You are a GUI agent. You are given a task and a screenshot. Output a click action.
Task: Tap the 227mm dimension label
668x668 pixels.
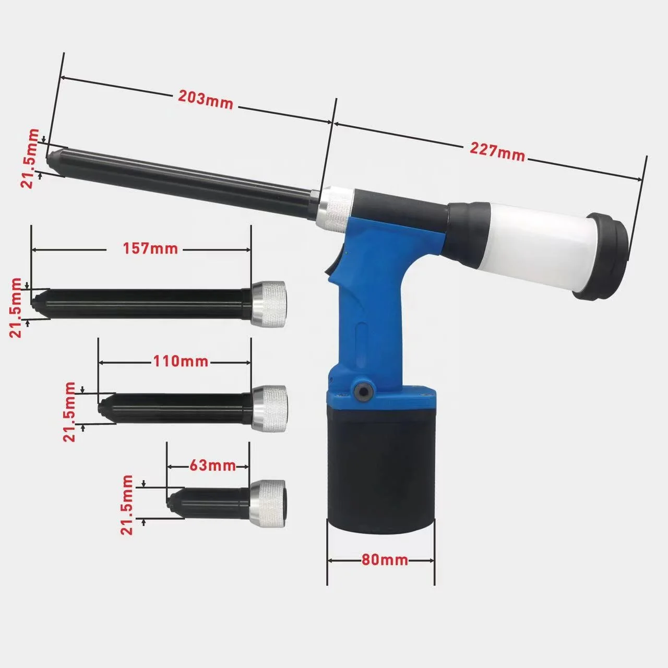[x=497, y=151]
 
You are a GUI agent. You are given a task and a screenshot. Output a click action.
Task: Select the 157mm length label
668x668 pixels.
[x=150, y=249]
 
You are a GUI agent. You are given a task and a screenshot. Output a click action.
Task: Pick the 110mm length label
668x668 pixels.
[x=181, y=361]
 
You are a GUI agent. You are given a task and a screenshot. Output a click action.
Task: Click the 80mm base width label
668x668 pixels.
[x=385, y=560]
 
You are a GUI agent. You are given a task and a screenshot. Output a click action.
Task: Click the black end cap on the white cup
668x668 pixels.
[x=605, y=256]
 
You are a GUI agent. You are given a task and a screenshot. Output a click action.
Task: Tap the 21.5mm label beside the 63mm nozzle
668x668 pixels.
[x=127, y=504]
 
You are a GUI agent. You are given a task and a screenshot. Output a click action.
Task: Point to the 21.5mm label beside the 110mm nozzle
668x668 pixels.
[x=69, y=411]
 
